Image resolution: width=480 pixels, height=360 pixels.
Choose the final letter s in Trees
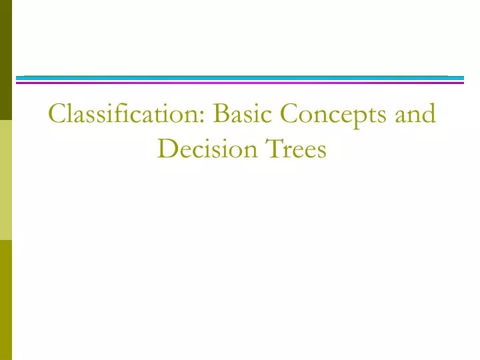point(321,151)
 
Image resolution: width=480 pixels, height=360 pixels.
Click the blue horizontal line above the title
point(240,78)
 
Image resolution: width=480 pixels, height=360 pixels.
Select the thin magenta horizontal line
point(240,83)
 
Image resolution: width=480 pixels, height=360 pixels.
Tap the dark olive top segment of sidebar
point(6,60)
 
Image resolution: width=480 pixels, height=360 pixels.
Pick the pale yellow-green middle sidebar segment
point(6,180)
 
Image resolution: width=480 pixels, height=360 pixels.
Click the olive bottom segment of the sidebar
point(6,300)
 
